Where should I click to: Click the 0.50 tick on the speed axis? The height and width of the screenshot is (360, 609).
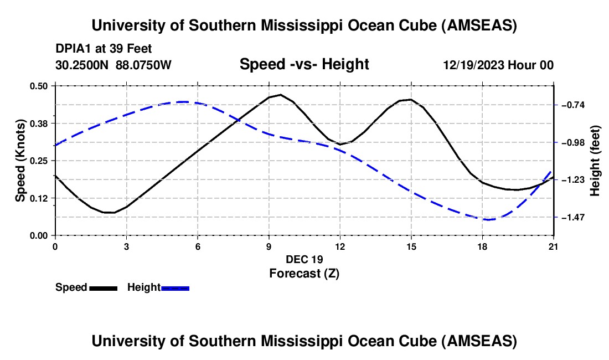click(x=42, y=86)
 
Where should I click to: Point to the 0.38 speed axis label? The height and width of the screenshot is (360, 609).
click(x=42, y=123)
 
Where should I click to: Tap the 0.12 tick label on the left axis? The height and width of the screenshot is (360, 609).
click(x=42, y=198)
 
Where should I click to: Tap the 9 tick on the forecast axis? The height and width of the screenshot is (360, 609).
click(x=269, y=246)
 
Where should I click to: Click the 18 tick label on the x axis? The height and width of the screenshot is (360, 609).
click(x=482, y=246)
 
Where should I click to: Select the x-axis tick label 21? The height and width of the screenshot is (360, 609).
click(x=553, y=246)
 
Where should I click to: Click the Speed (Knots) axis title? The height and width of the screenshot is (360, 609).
click(x=20, y=160)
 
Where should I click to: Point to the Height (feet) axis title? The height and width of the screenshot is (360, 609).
click(x=595, y=161)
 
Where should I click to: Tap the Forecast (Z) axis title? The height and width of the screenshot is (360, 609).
click(x=304, y=273)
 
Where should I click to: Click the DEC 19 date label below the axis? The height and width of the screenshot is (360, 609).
click(x=304, y=259)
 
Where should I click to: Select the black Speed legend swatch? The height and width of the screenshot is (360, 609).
click(x=103, y=287)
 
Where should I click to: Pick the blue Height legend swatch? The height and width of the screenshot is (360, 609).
click(x=176, y=287)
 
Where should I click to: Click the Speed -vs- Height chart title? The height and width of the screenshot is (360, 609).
click(x=304, y=65)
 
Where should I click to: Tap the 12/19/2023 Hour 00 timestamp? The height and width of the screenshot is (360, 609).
click(x=498, y=65)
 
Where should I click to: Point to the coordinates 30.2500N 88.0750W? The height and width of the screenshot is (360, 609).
click(x=113, y=65)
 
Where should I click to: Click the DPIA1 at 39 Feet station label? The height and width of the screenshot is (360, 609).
click(x=104, y=49)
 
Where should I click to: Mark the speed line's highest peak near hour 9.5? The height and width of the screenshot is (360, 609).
click(x=281, y=95)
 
